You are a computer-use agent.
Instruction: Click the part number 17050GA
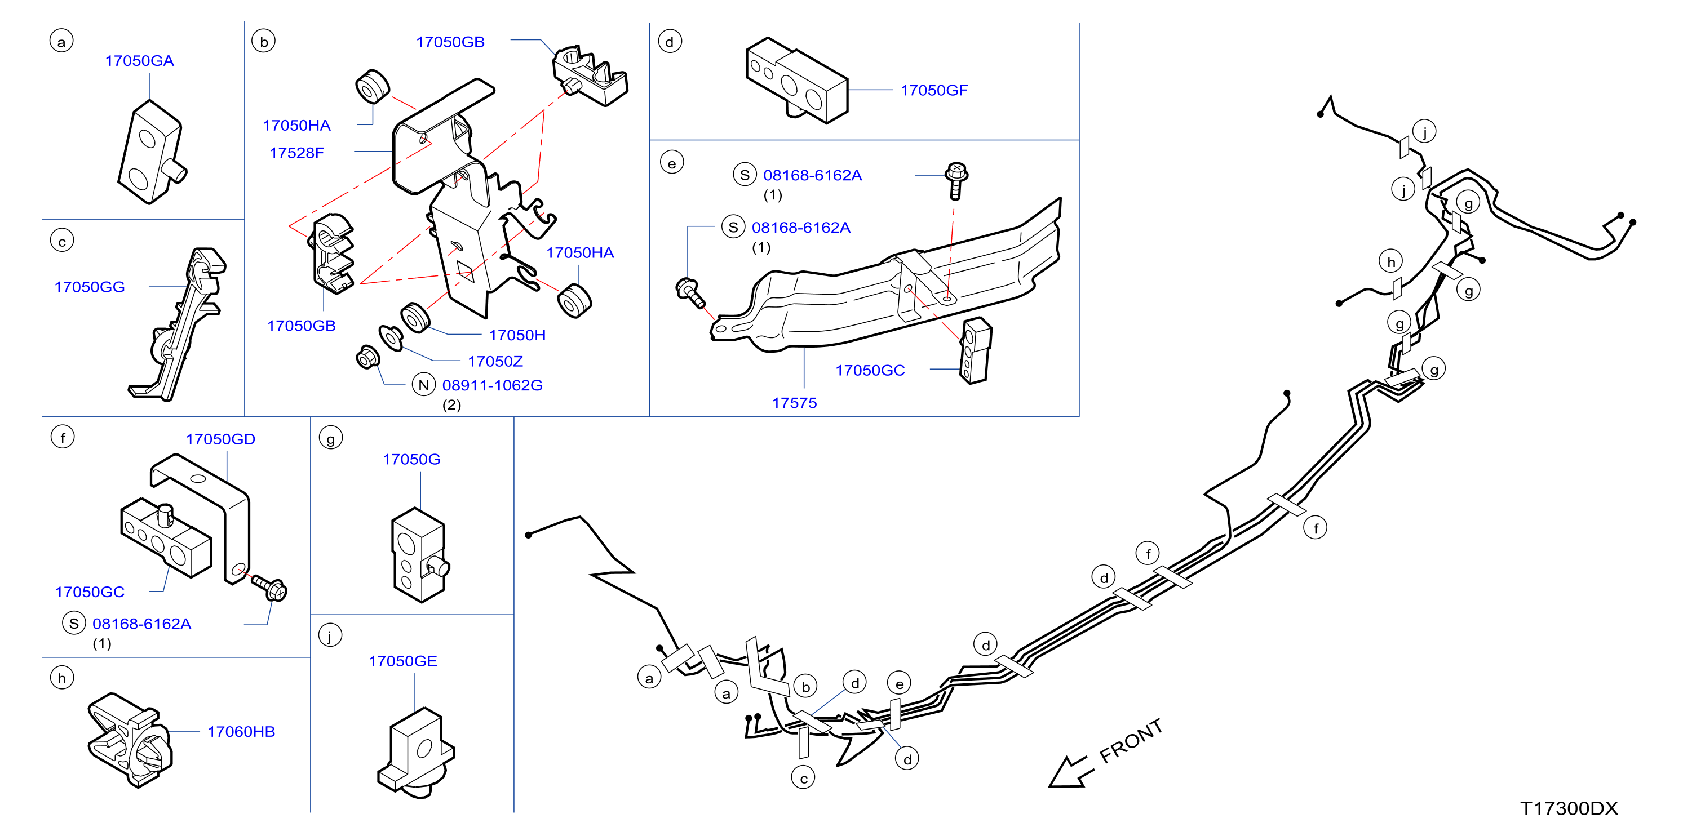(139, 61)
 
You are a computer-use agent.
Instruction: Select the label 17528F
(296, 153)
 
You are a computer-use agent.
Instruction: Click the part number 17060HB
(241, 731)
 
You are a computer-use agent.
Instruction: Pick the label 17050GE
(402, 661)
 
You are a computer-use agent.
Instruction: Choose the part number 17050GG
(90, 287)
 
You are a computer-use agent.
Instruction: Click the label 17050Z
(495, 361)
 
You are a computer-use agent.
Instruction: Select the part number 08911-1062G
(492, 385)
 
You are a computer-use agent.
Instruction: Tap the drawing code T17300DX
(1569, 808)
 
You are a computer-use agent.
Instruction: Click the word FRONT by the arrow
(1131, 741)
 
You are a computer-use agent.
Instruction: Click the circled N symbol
(423, 385)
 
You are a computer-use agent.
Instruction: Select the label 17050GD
(220, 439)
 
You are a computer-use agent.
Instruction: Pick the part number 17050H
(517, 335)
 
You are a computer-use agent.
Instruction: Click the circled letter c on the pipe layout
(803, 778)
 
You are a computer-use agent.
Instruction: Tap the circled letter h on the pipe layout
(1391, 262)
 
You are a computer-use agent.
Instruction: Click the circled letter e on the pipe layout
(899, 683)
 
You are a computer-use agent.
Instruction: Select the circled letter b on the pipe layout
(805, 687)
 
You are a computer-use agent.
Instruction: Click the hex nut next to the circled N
(368, 357)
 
